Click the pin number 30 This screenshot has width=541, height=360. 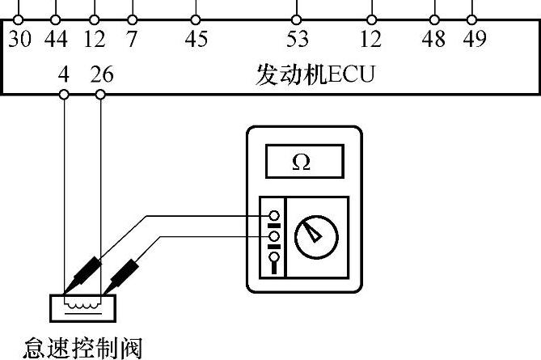pyautogui.click(x=20, y=39)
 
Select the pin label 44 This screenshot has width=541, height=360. pyautogui.click(x=55, y=39)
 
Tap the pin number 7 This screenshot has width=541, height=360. pyautogui.click(x=132, y=39)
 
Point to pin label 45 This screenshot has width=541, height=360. pyautogui.click(x=196, y=39)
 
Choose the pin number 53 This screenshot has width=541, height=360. pyautogui.click(x=297, y=39)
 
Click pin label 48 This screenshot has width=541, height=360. pyautogui.click(x=434, y=39)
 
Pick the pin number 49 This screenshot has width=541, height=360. pyautogui.click(x=474, y=39)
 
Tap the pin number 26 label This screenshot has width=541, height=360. pyautogui.click(x=102, y=75)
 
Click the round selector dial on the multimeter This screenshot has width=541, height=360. pyautogui.click(x=312, y=237)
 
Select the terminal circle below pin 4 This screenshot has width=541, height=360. pyautogui.click(x=64, y=95)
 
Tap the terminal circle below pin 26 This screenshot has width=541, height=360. pyautogui.click(x=100, y=95)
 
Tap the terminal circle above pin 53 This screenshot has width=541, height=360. pyautogui.click(x=297, y=19)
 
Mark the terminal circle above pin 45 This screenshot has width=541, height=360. pyautogui.click(x=196, y=19)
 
